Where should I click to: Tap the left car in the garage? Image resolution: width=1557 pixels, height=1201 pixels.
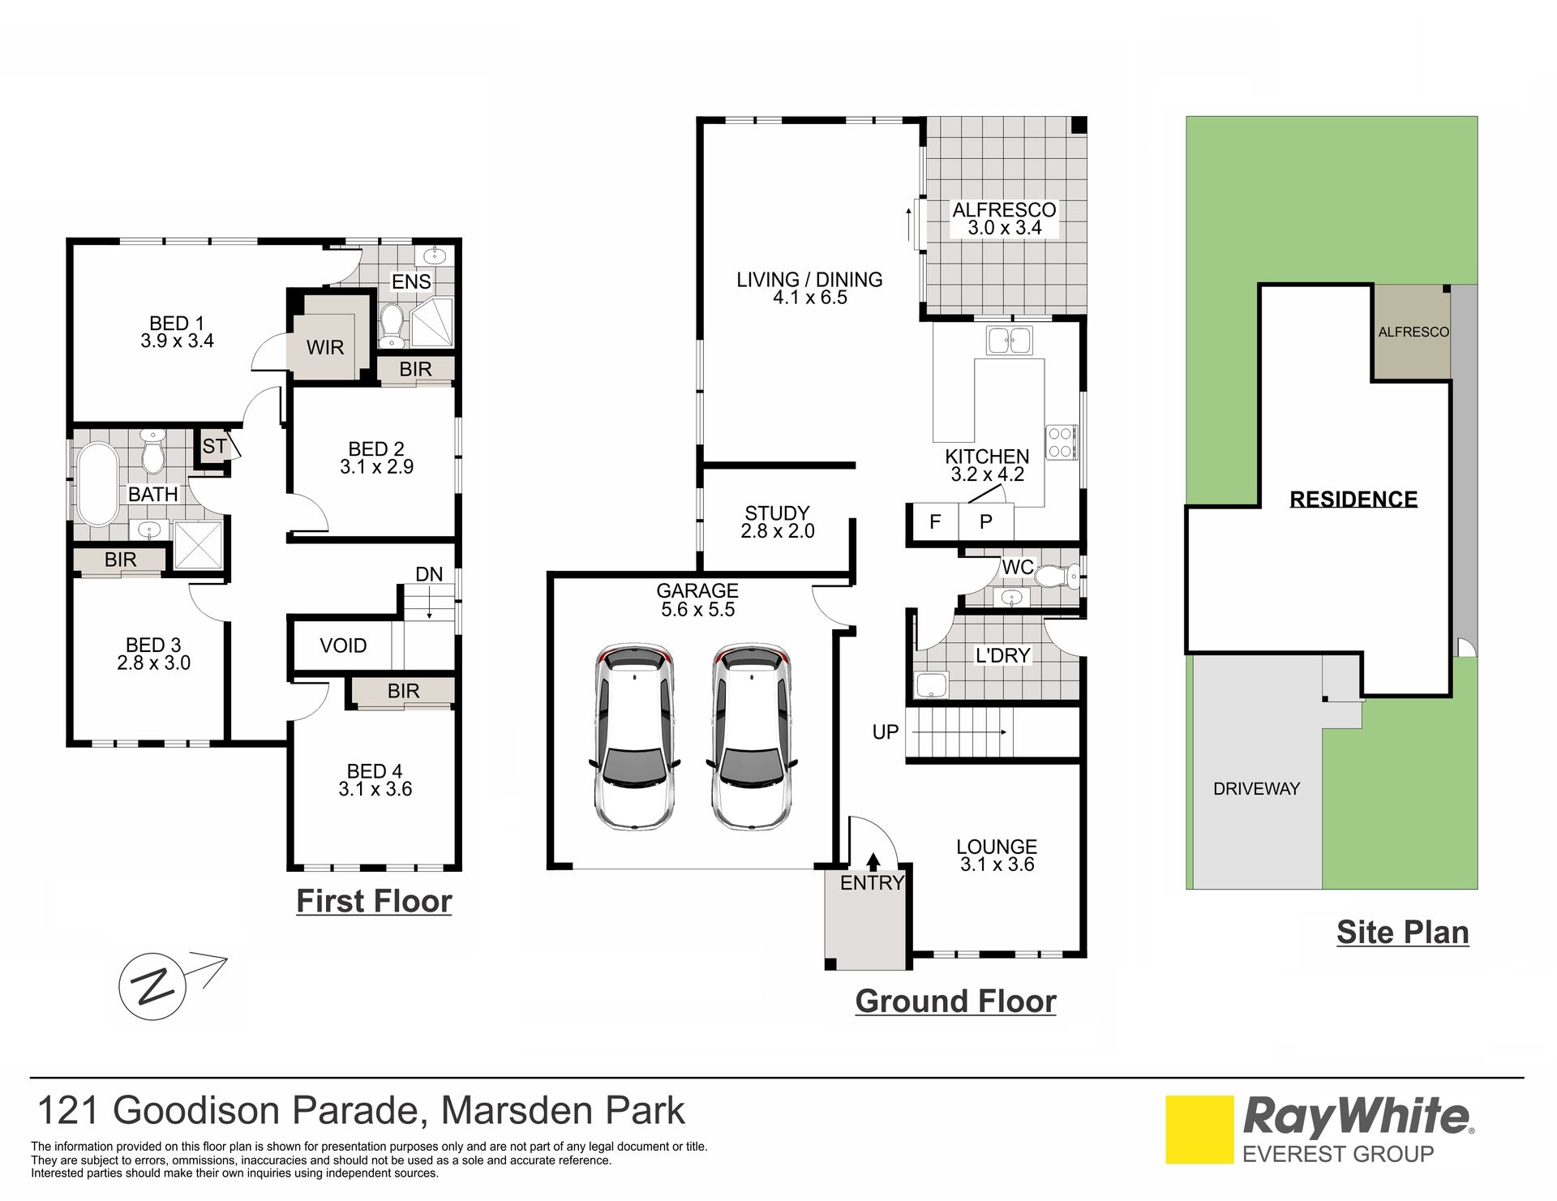(634, 737)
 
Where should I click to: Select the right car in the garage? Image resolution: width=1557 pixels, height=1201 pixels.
(751, 737)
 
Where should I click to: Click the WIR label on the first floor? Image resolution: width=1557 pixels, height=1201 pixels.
(325, 347)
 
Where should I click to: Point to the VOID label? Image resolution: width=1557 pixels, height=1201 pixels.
(343, 646)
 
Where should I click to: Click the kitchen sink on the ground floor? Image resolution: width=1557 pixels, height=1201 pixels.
(1009, 341)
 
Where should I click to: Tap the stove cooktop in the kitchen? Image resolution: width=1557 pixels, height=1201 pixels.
(1060, 443)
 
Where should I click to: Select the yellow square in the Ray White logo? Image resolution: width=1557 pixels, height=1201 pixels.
(1199, 1130)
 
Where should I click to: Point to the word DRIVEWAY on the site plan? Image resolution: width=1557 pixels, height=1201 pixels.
(1256, 788)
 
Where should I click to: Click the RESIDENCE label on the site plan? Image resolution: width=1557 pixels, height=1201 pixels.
(1353, 499)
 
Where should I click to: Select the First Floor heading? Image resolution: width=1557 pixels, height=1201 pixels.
(374, 901)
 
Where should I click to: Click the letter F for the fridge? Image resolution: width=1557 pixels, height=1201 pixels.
(935, 521)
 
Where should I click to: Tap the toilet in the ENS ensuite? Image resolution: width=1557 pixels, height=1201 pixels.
(392, 322)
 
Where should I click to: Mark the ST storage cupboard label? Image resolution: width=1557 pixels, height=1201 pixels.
(214, 446)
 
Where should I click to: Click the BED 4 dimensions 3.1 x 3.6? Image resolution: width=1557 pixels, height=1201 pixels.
(375, 789)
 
